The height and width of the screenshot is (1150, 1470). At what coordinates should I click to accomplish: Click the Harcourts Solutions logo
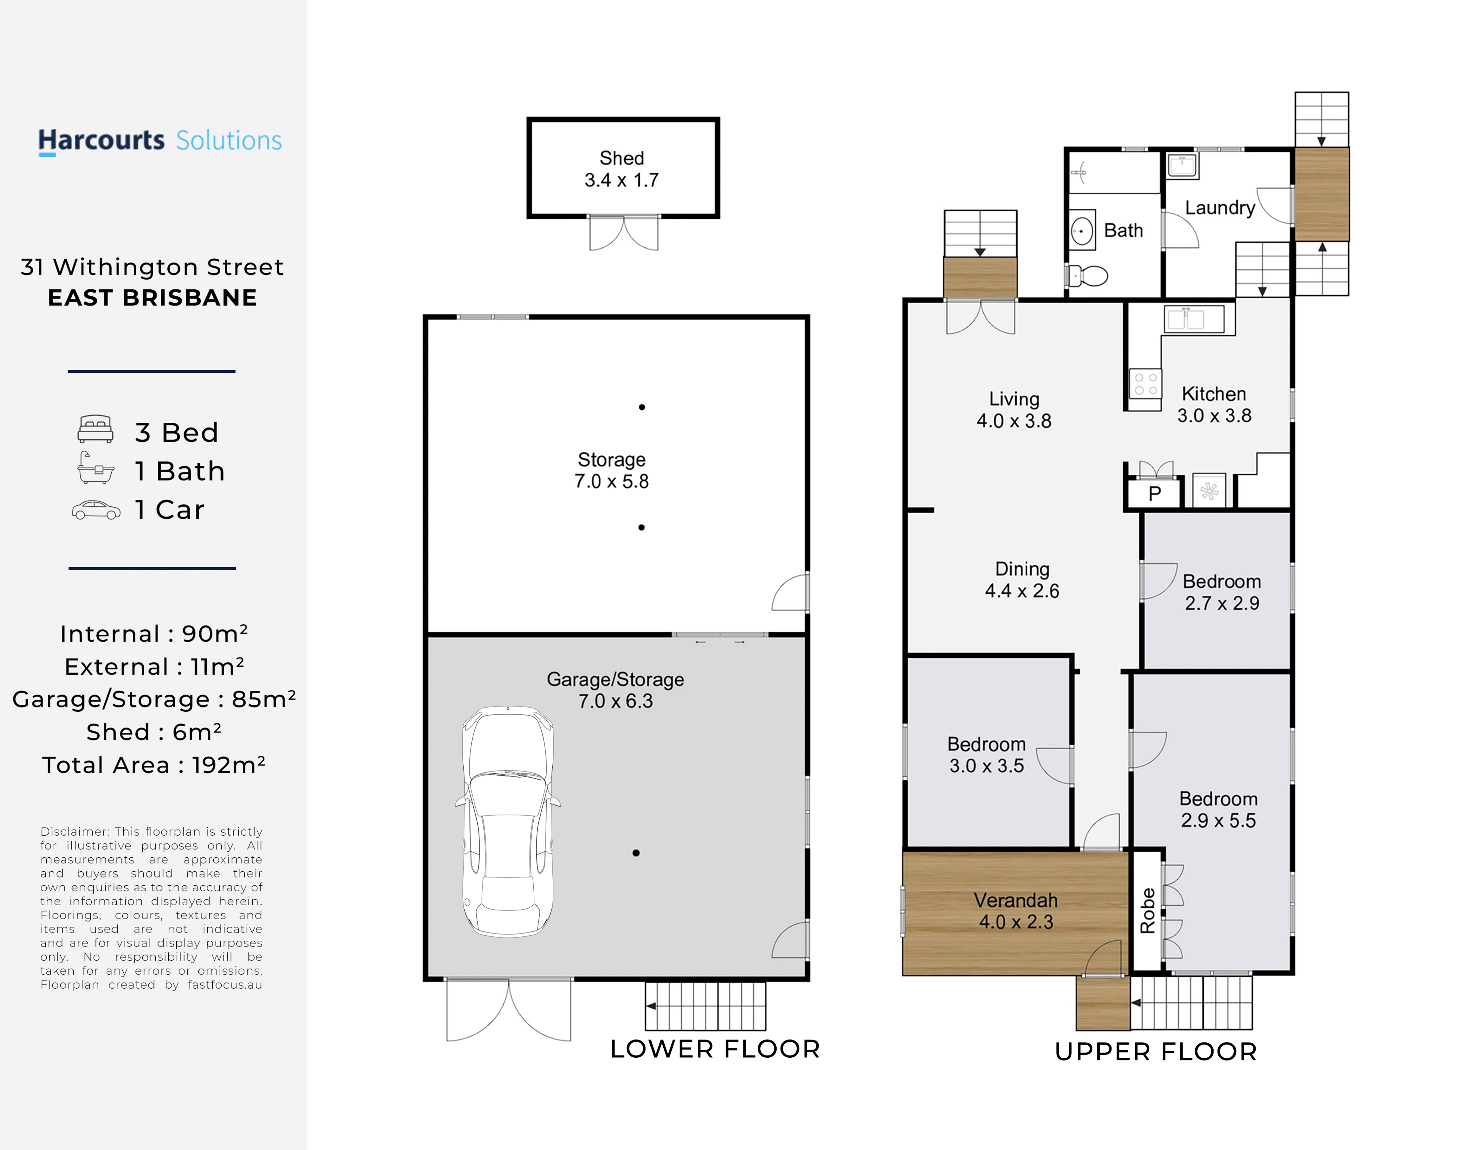pos(160,142)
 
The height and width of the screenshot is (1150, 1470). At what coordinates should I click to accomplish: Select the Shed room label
pos(622,169)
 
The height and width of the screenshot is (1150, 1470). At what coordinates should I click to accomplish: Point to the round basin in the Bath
pos(1082,231)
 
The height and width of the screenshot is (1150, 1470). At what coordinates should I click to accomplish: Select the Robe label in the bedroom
pos(1147,911)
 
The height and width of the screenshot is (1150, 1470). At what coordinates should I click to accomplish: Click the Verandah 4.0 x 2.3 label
pos(1016,911)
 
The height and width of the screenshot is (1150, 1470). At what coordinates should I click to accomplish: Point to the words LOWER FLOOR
pos(715,1049)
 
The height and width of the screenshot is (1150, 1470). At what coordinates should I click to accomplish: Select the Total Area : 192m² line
pos(154,765)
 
